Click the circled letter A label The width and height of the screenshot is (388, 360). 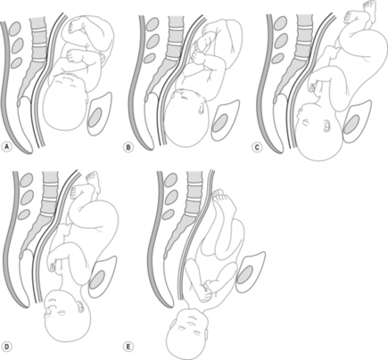[x=6, y=147]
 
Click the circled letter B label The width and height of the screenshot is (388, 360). [x=128, y=147]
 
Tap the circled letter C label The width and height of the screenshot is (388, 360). [x=256, y=147]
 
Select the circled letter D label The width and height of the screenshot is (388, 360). [x=6, y=346]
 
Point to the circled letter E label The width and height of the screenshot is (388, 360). [x=128, y=346]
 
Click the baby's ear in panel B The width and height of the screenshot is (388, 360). [x=202, y=109]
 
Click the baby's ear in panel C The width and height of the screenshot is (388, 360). [x=326, y=126]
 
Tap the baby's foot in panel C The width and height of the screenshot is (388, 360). [x=367, y=11]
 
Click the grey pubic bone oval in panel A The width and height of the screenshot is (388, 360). [x=95, y=117]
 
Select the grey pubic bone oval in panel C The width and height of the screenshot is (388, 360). [x=351, y=125]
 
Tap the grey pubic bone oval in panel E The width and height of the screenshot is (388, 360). [x=245, y=274]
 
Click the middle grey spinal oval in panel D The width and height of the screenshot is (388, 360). [x=27, y=197]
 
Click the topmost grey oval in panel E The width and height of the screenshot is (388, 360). [x=169, y=181]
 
